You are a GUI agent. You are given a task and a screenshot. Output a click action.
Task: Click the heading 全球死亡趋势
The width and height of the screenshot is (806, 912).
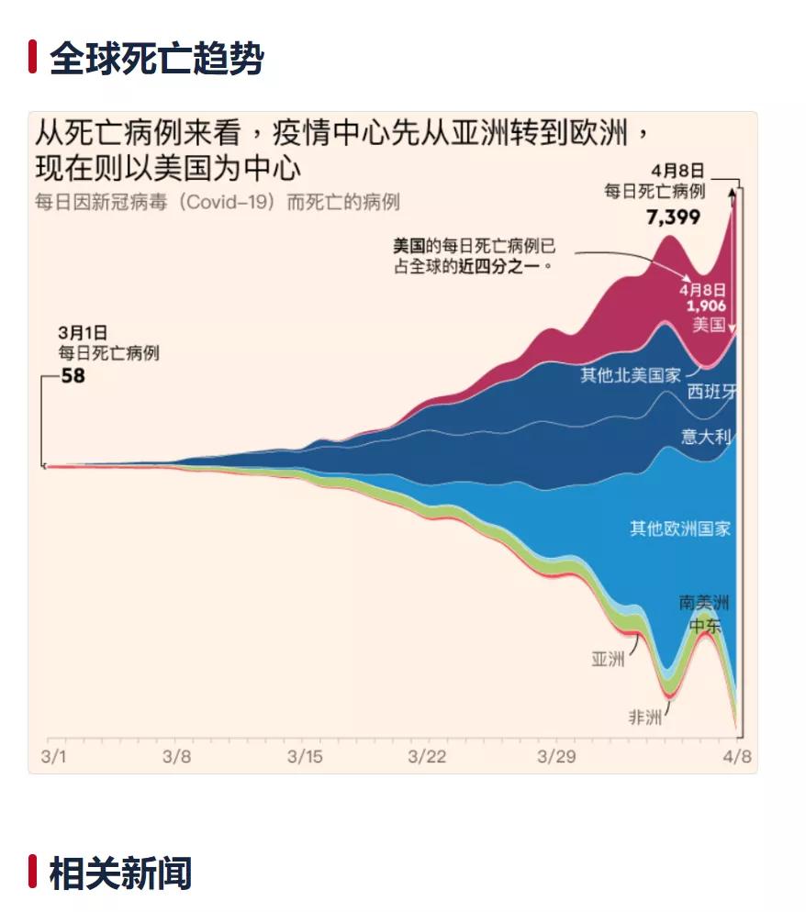[x=156, y=58]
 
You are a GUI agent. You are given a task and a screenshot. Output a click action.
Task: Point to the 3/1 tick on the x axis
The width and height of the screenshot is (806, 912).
[x=54, y=757]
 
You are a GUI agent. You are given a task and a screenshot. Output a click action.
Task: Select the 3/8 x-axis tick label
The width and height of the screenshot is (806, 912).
[x=176, y=757]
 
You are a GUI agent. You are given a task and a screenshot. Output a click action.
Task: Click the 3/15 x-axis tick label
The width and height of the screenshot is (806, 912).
[x=305, y=757]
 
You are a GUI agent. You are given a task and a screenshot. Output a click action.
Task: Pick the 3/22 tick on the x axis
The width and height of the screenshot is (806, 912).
[x=427, y=757]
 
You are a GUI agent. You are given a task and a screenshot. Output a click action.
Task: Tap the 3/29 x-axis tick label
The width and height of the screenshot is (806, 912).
[x=554, y=757]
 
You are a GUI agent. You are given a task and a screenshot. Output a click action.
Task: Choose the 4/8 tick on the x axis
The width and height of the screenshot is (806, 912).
[x=736, y=757]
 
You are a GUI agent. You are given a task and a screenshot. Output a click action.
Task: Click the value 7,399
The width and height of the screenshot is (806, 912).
[x=673, y=217]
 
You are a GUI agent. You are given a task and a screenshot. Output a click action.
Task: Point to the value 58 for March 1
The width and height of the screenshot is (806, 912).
[x=73, y=374]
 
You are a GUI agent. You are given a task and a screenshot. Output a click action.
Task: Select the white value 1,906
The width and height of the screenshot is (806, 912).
[x=707, y=306]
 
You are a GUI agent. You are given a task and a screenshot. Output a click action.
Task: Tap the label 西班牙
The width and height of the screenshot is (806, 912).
[x=712, y=392]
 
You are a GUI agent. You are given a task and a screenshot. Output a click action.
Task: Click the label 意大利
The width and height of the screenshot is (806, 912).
[x=706, y=437]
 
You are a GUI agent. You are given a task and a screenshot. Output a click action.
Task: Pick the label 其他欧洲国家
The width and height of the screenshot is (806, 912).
[x=680, y=528]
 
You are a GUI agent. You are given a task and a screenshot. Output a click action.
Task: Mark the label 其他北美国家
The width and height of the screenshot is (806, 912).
[x=631, y=374]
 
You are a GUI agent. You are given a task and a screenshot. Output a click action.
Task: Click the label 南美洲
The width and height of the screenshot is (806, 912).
[x=704, y=602]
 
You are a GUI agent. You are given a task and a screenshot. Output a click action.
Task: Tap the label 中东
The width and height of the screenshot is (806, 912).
[x=705, y=626]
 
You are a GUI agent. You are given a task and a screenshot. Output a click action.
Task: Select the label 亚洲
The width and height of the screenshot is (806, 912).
[x=608, y=658]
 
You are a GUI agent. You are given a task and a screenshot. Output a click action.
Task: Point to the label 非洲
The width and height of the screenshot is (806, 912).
[x=644, y=717]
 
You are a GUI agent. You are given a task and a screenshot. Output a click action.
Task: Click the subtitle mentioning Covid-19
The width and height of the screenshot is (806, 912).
[x=217, y=202]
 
